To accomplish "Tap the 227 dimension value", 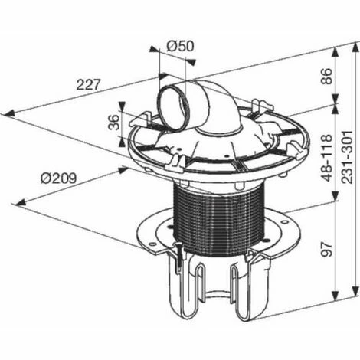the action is [x=87, y=84].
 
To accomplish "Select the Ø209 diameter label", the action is [x=58, y=178].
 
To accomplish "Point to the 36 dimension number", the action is [x=114, y=123].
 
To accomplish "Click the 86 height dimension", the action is [x=326, y=76].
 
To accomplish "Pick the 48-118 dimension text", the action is [x=327, y=158].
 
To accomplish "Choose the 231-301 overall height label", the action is [x=347, y=157].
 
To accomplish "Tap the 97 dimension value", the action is [x=327, y=249].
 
